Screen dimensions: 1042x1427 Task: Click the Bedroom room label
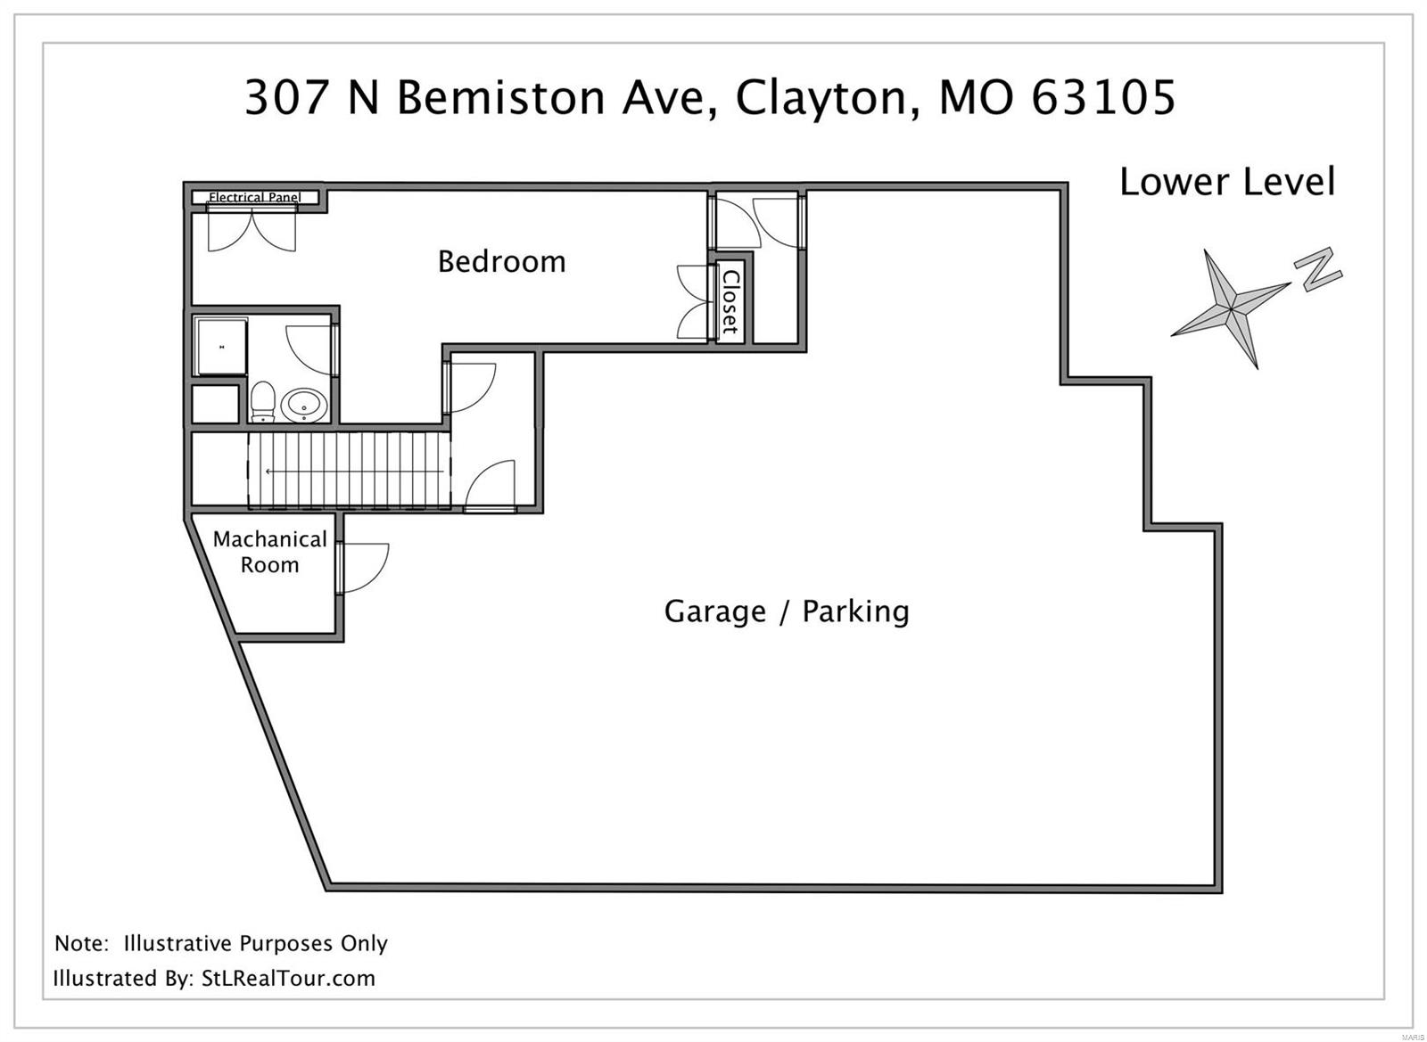pyautogui.click(x=501, y=261)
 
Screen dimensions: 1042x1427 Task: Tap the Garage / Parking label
pyautogui.click(x=787, y=611)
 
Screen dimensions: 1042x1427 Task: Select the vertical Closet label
pyautogui.click(x=730, y=301)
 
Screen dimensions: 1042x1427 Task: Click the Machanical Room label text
pyautogui.click(x=269, y=552)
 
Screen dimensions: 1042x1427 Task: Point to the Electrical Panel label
pyautogui.click(x=254, y=197)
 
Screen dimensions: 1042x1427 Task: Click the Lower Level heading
pyautogui.click(x=1227, y=182)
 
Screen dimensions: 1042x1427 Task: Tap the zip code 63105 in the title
pyautogui.click(x=1103, y=97)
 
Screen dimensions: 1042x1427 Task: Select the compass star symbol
pyautogui.click(x=1231, y=308)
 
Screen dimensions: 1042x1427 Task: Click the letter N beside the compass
pyautogui.click(x=1317, y=268)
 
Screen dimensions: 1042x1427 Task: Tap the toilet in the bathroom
pyautogui.click(x=262, y=402)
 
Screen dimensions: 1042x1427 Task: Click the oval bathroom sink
pyautogui.click(x=304, y=406)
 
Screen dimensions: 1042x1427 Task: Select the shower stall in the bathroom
pyautogui.click(x=220, y=346)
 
